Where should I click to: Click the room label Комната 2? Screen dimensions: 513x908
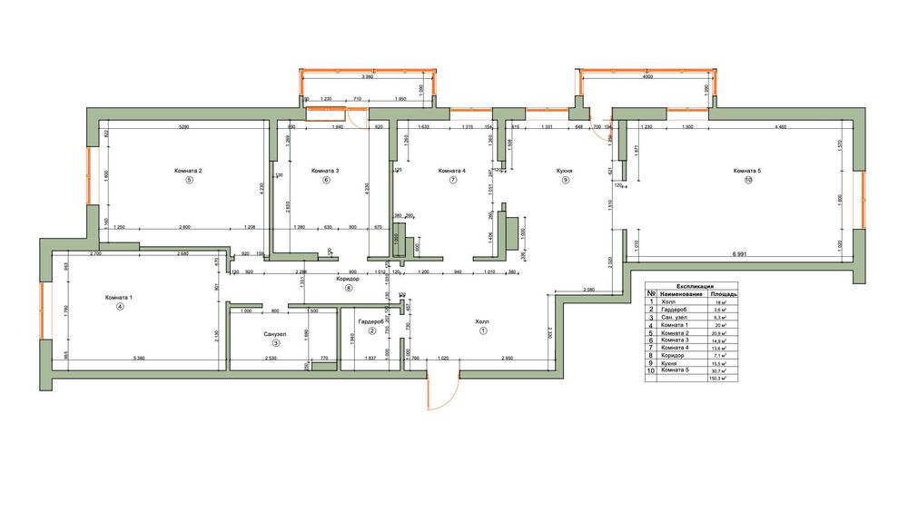tap(187, 171)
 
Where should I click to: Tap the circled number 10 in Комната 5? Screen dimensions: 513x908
tap(748, 181)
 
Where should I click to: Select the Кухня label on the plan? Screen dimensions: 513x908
tap(566, 171)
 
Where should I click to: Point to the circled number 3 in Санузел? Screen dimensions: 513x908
tap(276, 342)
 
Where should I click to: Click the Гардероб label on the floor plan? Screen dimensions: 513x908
tap(371, 322)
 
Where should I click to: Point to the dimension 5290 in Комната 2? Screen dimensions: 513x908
tap(188, 126)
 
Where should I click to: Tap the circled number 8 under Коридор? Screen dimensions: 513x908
tap(347, 288)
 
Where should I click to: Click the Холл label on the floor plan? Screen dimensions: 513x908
tap(482, 321)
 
